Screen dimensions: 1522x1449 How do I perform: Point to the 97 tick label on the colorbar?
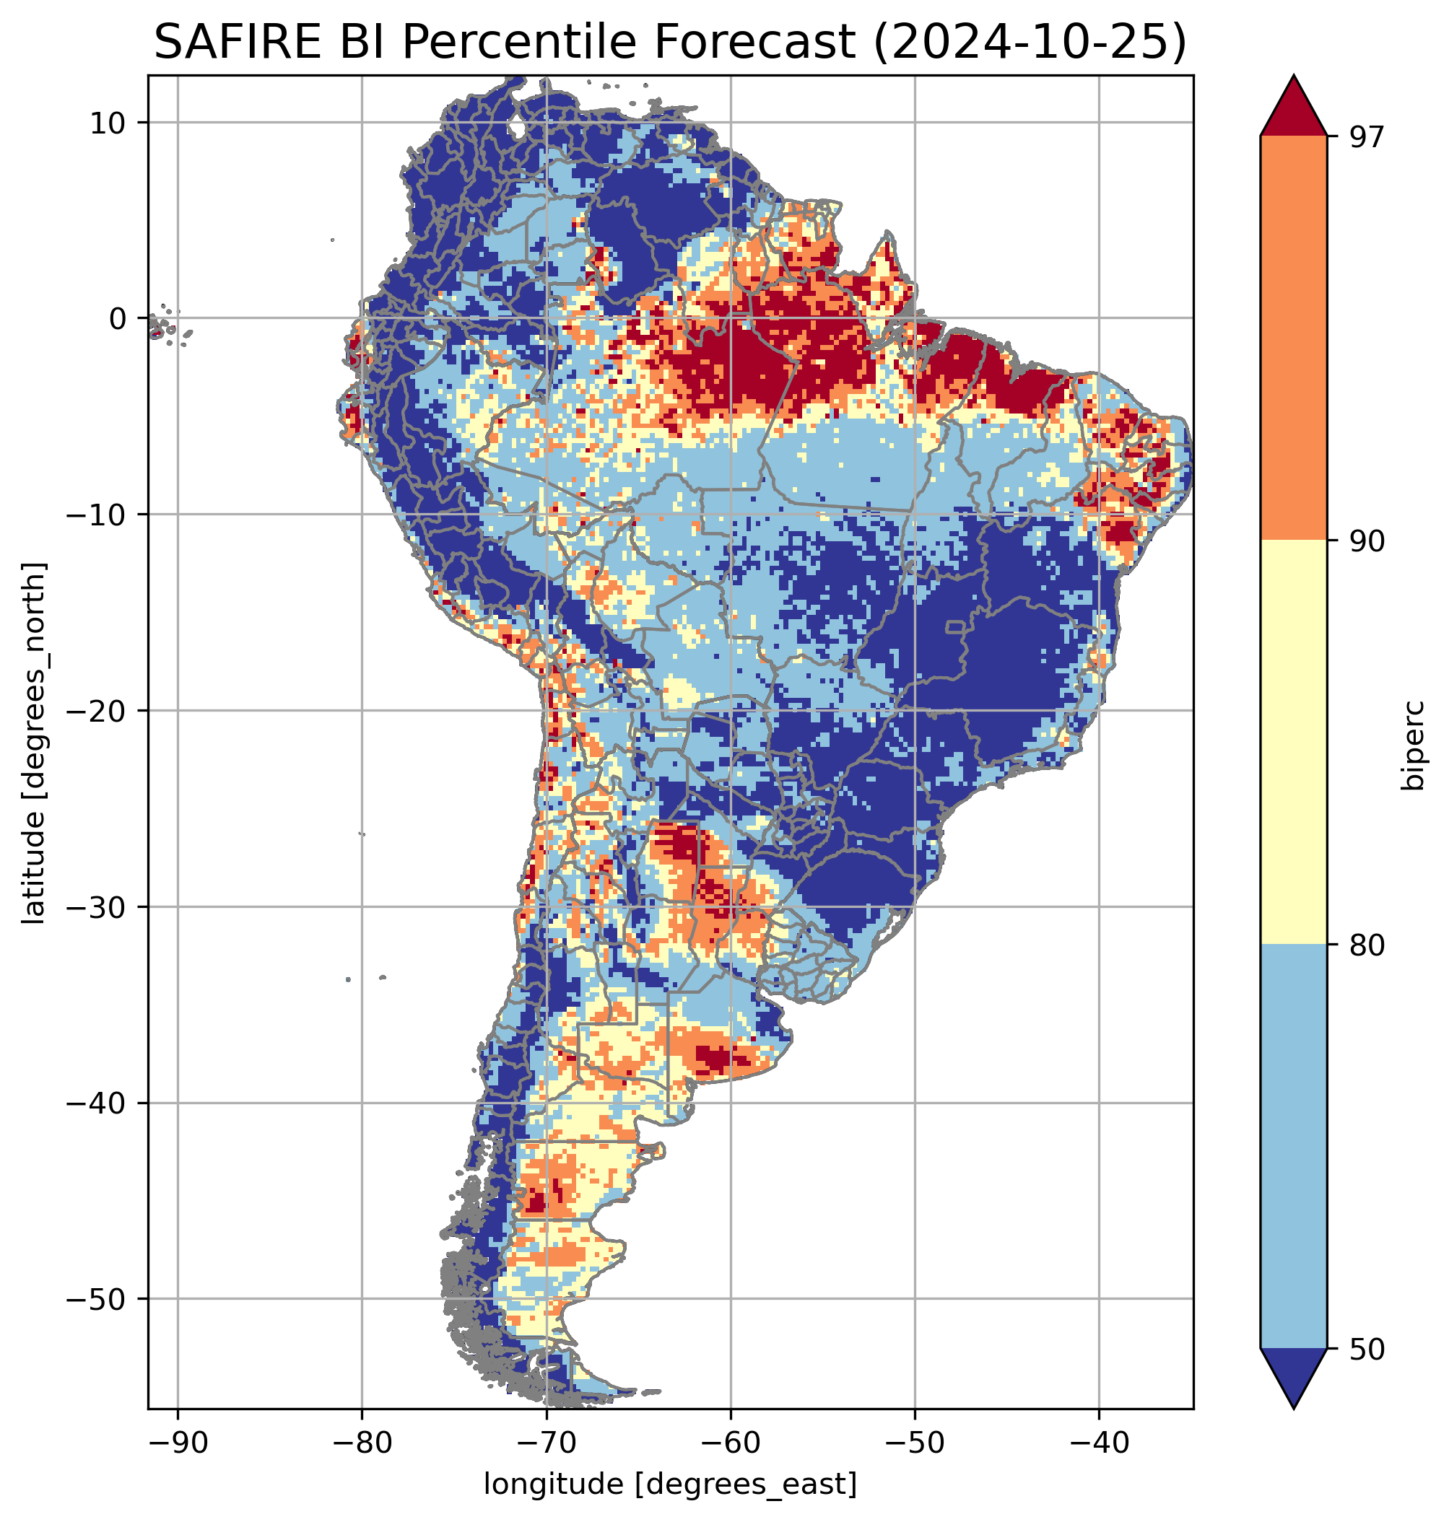pyautogui.click(x=1367, y=137)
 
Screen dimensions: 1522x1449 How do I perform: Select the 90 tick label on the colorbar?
pyautogui.click(x=1367, y=542)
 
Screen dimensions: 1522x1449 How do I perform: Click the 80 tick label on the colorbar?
pyautogui.click(x=1367, y=946)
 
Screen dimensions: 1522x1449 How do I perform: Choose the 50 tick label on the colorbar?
pyautogui.click(x=1367, y=1350)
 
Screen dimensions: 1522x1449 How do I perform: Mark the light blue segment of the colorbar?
pyautogui.click(x=1294, y=1147)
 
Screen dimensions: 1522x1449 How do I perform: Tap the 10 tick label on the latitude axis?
pyautogui.click(x=108, y=123)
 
